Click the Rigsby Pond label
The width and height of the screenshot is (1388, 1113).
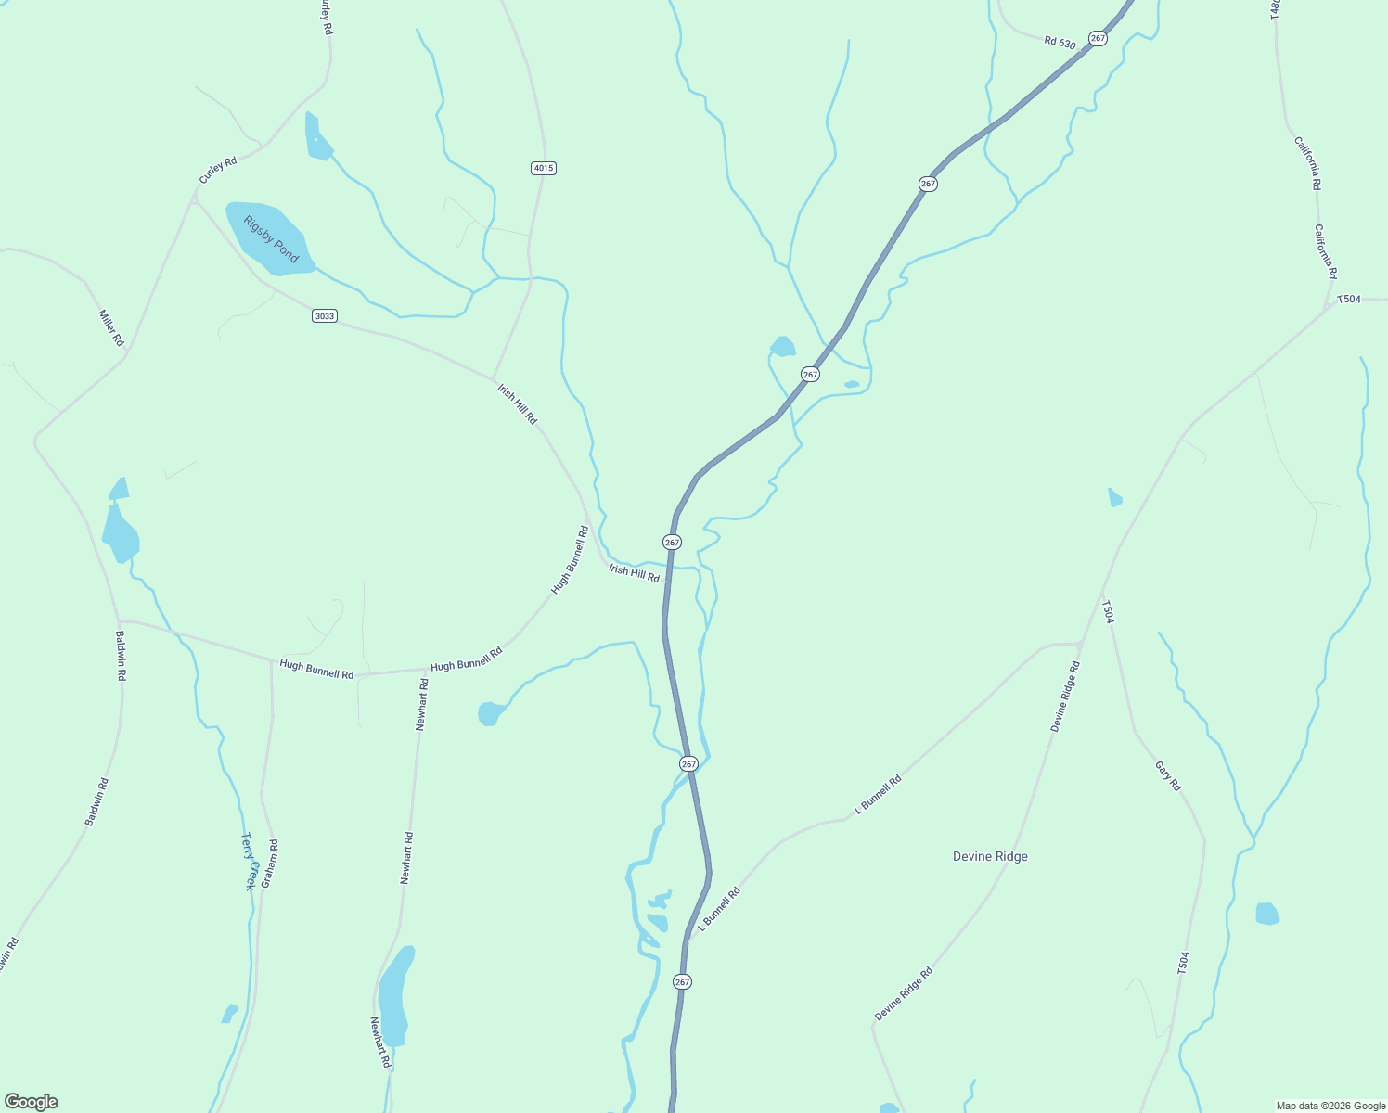pos(271,239)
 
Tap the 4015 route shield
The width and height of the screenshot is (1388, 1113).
pos(544,168)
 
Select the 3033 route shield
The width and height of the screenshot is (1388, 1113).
pos(324,316)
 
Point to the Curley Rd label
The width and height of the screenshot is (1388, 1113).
pos(218,170)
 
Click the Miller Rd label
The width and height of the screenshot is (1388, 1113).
pos(111,327)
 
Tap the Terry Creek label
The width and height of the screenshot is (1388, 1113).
pos(248,861)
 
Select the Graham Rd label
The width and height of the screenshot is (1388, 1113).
pos(269,864)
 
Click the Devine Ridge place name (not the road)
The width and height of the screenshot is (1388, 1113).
pos(990,856)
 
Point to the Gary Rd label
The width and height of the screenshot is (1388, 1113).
pos(1168,775)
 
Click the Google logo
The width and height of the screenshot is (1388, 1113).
pos(31,1102)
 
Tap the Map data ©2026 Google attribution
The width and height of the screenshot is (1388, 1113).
pos(1330,1106)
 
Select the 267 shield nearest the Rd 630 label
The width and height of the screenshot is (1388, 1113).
pos(1099,38)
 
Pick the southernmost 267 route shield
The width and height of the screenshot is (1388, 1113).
pos(683,981)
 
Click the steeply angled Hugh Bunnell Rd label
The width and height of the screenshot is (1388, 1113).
pos(571,559)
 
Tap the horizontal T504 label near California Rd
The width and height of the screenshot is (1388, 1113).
pos(1348,299)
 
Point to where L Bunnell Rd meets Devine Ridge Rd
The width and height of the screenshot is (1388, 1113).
pos(1081,642)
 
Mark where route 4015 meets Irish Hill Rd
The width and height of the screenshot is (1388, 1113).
pos(493,378)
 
